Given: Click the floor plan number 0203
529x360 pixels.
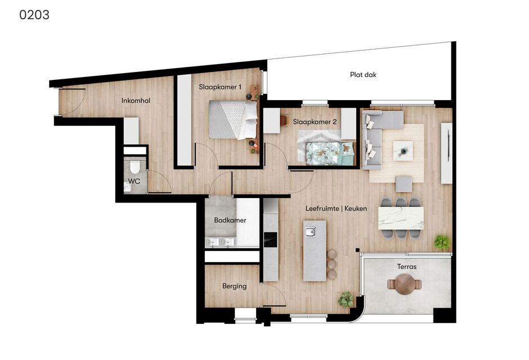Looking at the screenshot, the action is pos(34,15).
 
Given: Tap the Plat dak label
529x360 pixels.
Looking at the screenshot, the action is pos(363,75).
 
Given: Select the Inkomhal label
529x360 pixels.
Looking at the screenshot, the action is pos(136,101).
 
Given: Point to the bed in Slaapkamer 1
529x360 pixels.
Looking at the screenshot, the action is pos(233,120).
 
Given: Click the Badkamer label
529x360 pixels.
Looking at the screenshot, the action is pos(230,220).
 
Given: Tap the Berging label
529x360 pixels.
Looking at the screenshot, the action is pos(235,286).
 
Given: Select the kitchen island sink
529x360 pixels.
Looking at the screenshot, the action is pos(311,232).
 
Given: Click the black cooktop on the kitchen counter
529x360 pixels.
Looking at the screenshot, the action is pos(270,240).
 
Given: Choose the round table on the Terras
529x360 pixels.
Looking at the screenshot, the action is pos(405,284).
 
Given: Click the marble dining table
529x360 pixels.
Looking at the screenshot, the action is pos(401,218).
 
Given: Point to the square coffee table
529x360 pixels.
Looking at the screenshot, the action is pos(403,151).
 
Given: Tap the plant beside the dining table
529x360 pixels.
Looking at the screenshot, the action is pos(442,242).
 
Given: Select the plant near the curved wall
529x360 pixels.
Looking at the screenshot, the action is pos(346,299).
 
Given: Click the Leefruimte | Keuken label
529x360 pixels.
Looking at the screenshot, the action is pos(336,209).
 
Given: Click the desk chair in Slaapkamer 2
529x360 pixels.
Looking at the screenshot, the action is pos(284,120).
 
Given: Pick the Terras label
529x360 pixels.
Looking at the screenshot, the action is pos(406,267).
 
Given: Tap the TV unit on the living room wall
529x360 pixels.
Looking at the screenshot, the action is pos(447,154).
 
